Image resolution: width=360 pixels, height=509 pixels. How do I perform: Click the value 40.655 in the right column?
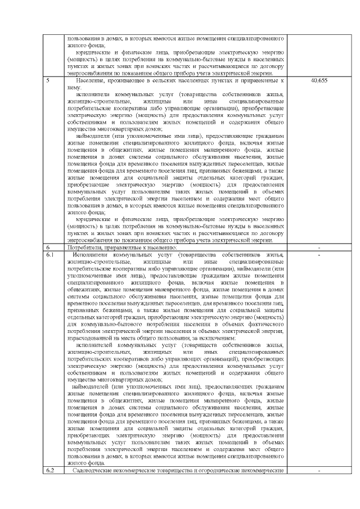pos(319,80)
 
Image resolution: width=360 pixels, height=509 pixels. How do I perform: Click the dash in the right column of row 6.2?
pos(319,470)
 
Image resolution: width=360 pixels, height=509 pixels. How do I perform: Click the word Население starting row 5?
pos(88,81)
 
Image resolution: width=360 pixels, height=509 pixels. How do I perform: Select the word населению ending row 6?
pos(160,247)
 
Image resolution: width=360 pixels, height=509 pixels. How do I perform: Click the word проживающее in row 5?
pos(127,81)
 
